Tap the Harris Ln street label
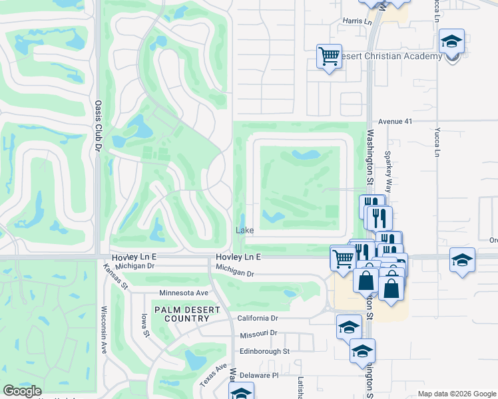tap(358, 22)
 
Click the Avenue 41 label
tap(396, 122)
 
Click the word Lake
tap(244, 230)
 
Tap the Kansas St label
tap(116, 276)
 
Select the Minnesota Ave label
tap(184, 293)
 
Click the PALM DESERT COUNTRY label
tap(182, 314)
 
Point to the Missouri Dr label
tap(259, 333)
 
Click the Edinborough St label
tap(264, 350)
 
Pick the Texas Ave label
tap(213, 376)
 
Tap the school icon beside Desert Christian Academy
tap(451, 43)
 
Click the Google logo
tap(22, 391)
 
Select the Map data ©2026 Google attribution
tap(456, 394)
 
